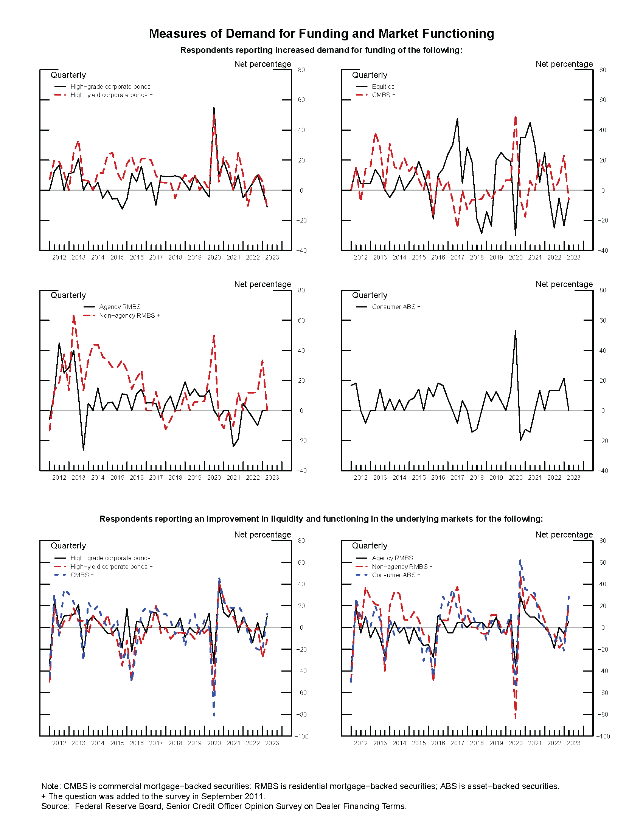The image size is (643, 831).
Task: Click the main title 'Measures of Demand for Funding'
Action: pyautogui.click(x=321, y=34)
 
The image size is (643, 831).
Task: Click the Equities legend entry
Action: pyautogui.click(x=383, y=87)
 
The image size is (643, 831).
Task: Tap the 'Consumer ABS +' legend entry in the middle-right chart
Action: pyautogui.click(x=396, y=307)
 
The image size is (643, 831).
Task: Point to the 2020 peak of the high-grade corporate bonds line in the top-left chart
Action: pyautogui.click(x=214, y=108)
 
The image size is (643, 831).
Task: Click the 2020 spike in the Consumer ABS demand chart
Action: pyautogui.click(x=516, y=331)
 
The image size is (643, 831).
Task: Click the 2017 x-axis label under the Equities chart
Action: pyautogui.click(x=457, y=258)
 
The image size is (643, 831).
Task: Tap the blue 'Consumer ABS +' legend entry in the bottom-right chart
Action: pyautogui.click(x=396, y=575)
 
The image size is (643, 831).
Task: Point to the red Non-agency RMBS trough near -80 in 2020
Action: pyautogui.click(x=516, y=717)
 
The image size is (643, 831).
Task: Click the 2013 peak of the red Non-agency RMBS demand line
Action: pyautogui.click(x=73, y=315)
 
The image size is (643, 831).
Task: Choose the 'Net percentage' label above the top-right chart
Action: pyautogui.click(x=564, y=64)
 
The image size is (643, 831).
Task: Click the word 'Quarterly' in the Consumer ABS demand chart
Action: pyautogui.click(x=370, y=295)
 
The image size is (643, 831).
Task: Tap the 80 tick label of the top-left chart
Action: pyautogui.click(x=301, y=70)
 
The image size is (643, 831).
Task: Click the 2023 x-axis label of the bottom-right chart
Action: pyautogui.click(x=573, y=743)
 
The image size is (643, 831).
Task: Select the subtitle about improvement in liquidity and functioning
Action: pyautogui.click(x=321, y=519)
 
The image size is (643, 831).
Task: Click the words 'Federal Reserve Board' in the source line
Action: pyautogui.click(x=118, y=806)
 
